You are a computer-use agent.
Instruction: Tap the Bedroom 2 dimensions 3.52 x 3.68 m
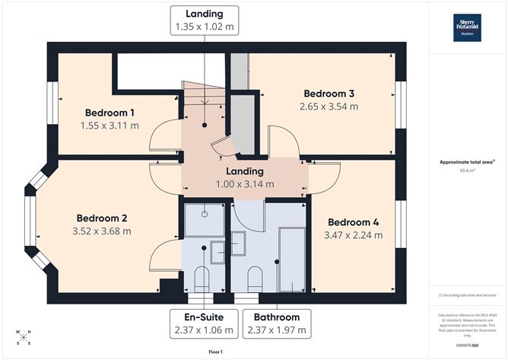point(101,231)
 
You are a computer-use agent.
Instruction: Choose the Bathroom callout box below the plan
point(277,323)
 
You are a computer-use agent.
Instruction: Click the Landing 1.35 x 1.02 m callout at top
point(204,20)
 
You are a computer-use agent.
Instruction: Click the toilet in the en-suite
point(202,279)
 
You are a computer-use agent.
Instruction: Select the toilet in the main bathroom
point(256,279)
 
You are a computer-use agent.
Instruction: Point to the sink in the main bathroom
point(239,243)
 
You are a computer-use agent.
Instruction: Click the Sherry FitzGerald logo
point(468,27)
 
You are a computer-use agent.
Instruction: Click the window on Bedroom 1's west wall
point(52,104)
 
